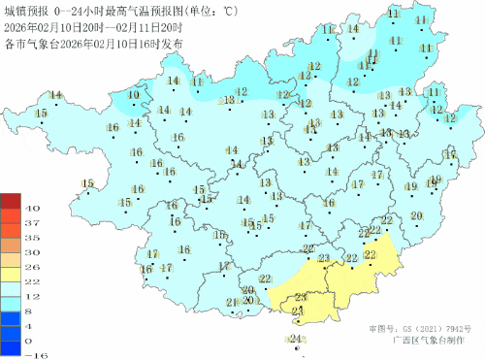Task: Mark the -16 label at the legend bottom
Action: point(32,355)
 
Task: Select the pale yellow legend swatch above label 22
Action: point(11,274)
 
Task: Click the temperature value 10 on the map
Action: point(134,94)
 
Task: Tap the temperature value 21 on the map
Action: point(232,303)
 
